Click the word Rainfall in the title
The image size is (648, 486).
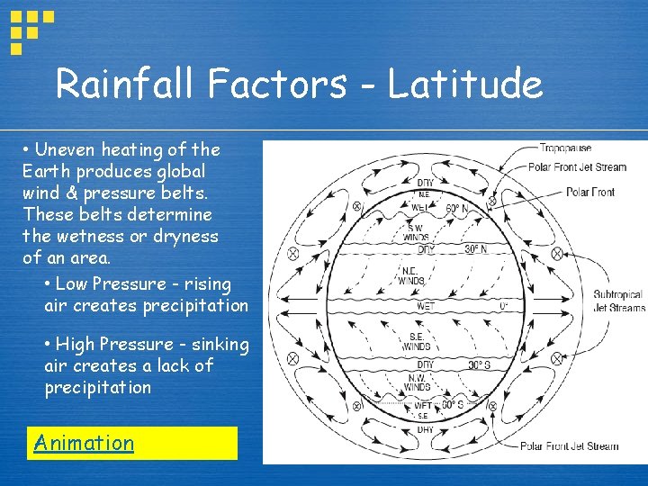(126, 84)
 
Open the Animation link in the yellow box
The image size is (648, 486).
(84, 443)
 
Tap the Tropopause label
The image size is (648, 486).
(565, 147)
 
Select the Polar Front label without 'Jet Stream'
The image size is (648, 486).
(590, 192)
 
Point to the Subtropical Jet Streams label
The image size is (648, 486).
(618, 301)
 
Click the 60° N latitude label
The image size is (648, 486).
(457, 209)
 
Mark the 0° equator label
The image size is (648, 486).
(503, 306)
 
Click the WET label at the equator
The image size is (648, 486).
(426, 306)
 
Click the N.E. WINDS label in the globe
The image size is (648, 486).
(411, 274)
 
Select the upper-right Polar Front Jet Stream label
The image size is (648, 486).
(577, 166)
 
